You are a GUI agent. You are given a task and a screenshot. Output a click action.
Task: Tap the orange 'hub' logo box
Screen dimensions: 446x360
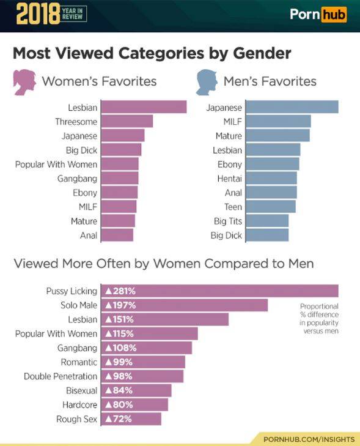pos(334,14)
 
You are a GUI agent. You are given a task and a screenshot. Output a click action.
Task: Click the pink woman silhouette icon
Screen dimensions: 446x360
pos(24,82)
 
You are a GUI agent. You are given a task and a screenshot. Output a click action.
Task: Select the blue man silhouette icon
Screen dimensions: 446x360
pos(207,82)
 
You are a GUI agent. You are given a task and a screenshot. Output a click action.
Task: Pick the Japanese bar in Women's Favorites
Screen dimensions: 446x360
pos(122,136)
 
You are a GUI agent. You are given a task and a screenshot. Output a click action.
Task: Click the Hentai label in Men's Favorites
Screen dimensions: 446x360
pos(230,179)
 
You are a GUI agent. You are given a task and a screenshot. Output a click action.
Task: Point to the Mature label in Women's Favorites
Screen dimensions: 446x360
pos(84,221)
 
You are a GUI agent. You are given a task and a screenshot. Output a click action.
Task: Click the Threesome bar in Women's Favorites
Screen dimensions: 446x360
pos(127,121)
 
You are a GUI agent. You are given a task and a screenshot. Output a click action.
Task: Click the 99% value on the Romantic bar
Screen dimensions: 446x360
pos(122,362)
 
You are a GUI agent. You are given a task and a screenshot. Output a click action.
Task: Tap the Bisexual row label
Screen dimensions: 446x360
pos(81,390)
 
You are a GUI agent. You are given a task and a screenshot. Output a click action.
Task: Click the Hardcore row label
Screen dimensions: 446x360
pos(79,404)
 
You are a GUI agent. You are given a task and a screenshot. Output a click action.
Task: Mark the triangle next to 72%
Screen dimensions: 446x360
pos(108,419)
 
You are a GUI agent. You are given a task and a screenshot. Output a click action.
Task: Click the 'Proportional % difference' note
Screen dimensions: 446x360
pos(319,318)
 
